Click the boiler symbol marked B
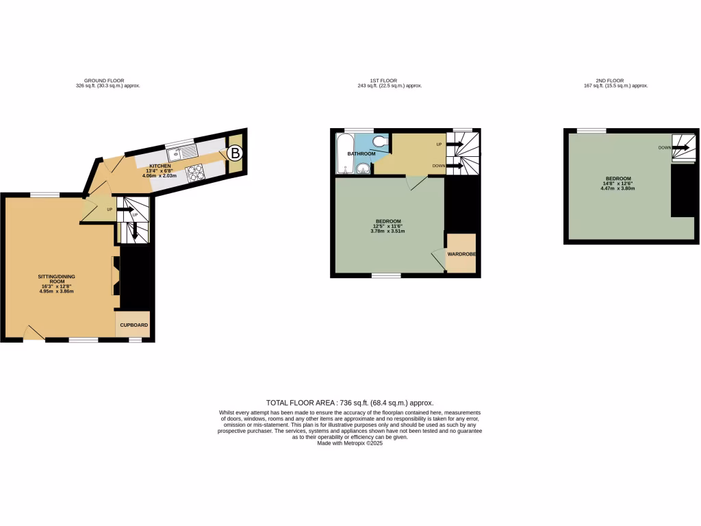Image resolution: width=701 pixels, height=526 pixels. pyautogui.click(x=234, y=153)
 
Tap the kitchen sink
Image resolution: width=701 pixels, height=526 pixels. pyautogui.click(x=181, y=152)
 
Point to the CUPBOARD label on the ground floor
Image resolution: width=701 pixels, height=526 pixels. pyautogui.click(x=134, y=325)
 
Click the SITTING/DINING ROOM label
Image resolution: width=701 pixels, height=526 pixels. pyautogui.click(x=56, y=279)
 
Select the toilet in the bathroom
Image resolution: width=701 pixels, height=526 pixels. pyautogui.click(x=381, y=142)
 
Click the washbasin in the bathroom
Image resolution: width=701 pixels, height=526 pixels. pyautogui.click(x=362, y=166)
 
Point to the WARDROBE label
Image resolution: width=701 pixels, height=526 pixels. pyautogui.click(x=461, y=254)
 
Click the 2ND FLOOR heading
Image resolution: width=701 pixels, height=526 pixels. pyautogui.click(x=615, y=80)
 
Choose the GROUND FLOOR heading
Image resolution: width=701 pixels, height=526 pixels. pyautogui.click(x=104, y=80)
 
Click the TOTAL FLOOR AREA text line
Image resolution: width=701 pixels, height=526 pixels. pyautogui.click(x=350, y=403)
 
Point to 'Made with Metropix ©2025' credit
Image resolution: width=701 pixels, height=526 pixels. pyautogui.click(x=350, y=443)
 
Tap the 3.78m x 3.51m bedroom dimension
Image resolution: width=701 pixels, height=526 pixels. pyautogui.click(x=387, y=231)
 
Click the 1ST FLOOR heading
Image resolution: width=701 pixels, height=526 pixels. pyautogui.click(x=390, y=80)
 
